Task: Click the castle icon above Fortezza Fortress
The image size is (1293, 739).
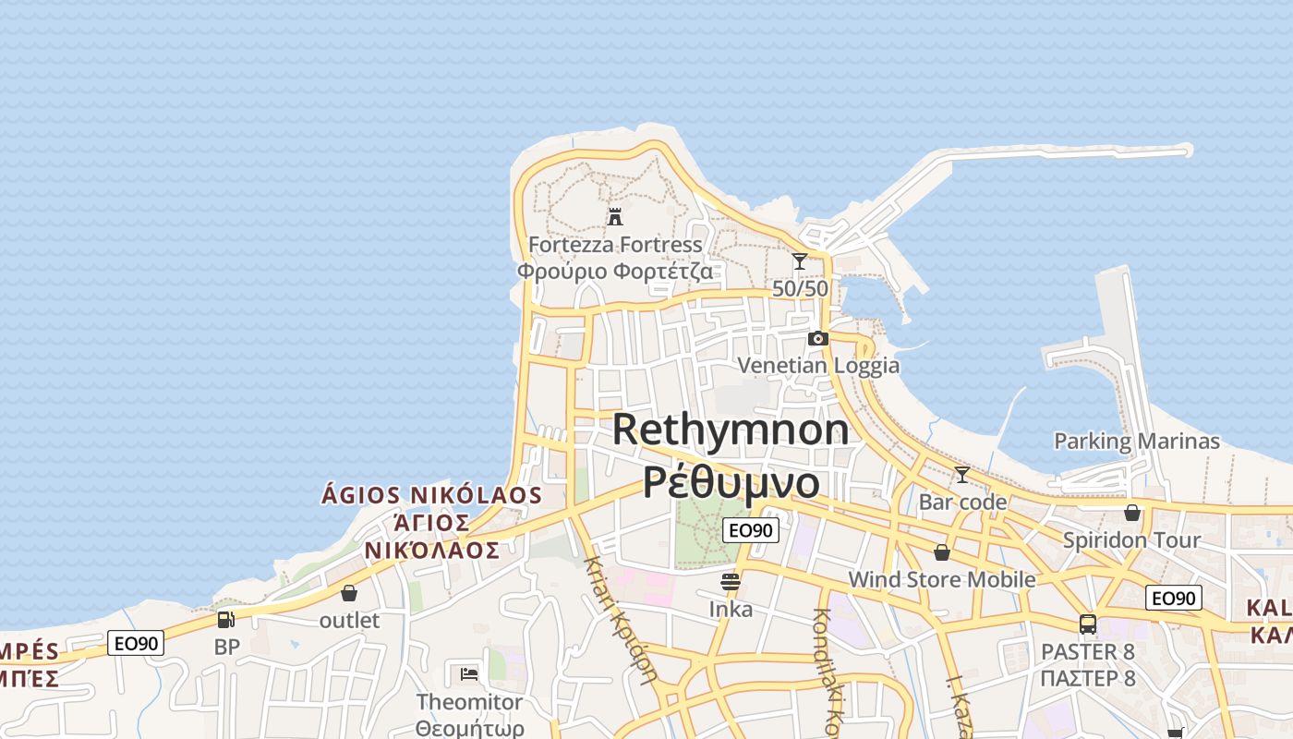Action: coord(615,217)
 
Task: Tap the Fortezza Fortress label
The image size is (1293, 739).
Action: coord(615,245)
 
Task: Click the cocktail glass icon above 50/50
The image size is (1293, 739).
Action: coord(800,261)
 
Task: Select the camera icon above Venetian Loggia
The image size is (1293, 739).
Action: coord(817,339)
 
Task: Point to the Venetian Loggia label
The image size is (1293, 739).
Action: coord(818,365)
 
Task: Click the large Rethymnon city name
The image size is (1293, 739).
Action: coord(731,430)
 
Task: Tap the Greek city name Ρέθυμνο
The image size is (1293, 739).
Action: coord(731,482)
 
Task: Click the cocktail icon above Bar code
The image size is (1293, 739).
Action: coord(962,475)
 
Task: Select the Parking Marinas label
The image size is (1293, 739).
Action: coord(1137,442)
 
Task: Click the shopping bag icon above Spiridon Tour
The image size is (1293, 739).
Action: coord(1132,513)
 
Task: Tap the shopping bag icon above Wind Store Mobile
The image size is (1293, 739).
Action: coord(942,553)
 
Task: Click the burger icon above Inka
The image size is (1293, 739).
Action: coord(731,582)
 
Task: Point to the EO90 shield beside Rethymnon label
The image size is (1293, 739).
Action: coord(750,529)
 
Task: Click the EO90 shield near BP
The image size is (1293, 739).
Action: coord(136,643)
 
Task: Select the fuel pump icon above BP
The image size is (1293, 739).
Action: coord(226,620)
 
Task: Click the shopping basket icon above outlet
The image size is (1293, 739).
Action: coord(349,593)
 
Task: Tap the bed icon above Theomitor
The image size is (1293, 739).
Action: coord(469,673)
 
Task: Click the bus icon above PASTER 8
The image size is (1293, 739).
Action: coord(1088,624)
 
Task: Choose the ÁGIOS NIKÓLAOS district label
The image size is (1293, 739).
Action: coord(431,495)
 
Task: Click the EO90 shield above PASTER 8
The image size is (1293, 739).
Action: coord(1174,598)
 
